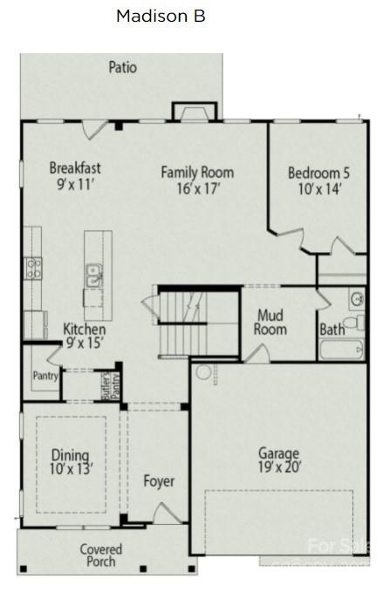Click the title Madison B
pyautogui.click(x=161, y=16)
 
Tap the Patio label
pyautogui.click(x=122, y=67)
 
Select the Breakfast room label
pyautogui.click(x=75, y=167)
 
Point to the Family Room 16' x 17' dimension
pyautogui.click(x=196, y=187)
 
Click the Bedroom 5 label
pyautogui.click(x=318, y=173)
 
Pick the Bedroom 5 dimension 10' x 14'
pyautogui.click(x=318, y=188)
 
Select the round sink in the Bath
pyautogui.click(x=357, y=299)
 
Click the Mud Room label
pyautogui.click(x=270, y=323)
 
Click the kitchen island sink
pyautogui.click(x=93, y=276)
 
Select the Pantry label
pyautogui.click(x=44, y=377)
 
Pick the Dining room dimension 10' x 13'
pyautogui.click(x=71, y=469)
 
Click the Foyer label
pyautogui.click(x=159, y=481)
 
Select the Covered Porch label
pyautogui.click(x=101, y=555)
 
